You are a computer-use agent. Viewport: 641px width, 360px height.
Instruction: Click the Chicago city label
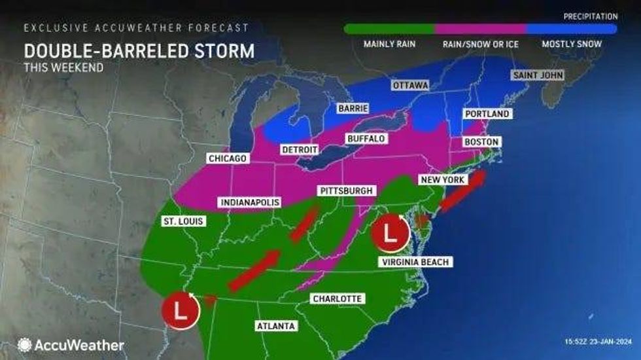click(x=227, y=158)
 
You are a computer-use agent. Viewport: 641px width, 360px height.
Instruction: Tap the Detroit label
click(x=300, y=149)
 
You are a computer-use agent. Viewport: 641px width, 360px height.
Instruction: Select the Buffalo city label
click(x=366, y=139)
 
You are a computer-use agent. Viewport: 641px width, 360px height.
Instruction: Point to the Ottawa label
click(x=410, y=86)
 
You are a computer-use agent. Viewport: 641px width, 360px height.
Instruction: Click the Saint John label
click(x=538, y=76)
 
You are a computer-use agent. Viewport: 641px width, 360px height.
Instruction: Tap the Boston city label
click(x=481, y=142)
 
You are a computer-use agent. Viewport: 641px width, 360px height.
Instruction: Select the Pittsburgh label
click(x=347, y=190)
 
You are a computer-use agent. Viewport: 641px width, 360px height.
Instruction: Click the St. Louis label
click(x=183, y=222)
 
